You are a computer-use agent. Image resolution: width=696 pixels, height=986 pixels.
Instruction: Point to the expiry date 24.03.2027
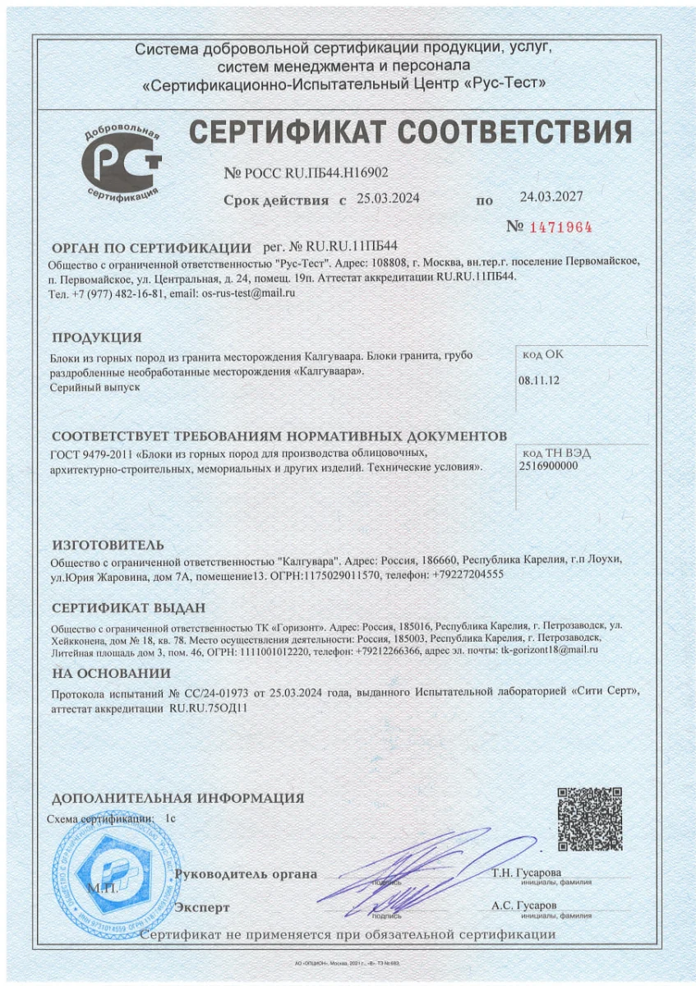click(x=551, y=196)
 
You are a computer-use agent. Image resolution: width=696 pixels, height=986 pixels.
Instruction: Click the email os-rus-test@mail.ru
click(x=248, y=293)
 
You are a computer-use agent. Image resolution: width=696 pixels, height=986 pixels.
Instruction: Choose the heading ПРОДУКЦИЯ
click(x=97, y=337)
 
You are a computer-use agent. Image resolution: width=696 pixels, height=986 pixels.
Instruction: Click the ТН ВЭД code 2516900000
click(x=549, y=465)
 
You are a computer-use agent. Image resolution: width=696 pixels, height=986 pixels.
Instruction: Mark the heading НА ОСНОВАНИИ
click(x=111, y=673)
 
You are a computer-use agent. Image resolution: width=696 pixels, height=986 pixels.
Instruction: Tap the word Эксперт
click(x=202, y=907)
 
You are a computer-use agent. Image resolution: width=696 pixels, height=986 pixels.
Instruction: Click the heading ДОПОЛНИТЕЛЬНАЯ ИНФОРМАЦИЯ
click(x=177, y=798)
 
